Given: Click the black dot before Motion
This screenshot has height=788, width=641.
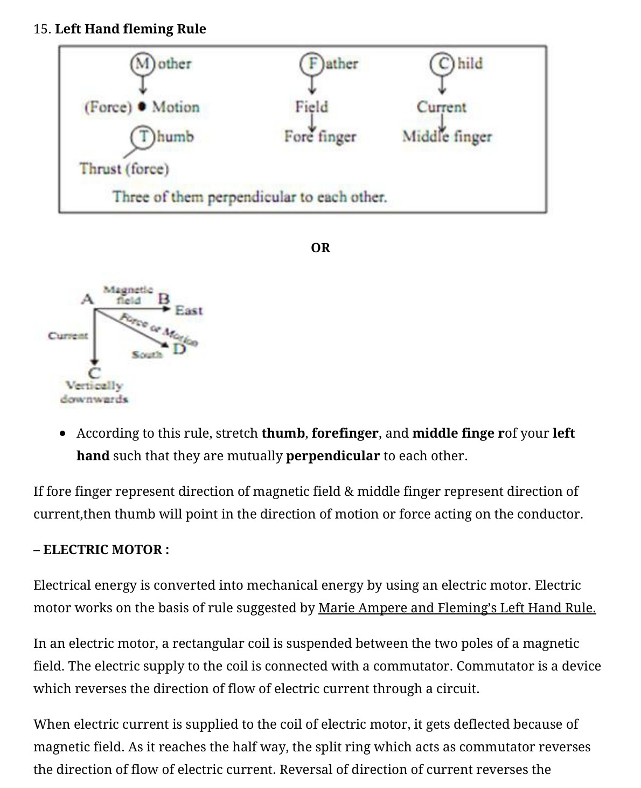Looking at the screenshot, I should (142, 107).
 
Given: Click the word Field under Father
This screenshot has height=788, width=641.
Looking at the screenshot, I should (311, 107).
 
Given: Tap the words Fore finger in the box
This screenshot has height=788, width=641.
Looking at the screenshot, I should (320, 137).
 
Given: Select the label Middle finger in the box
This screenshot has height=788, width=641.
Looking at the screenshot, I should (447, 137).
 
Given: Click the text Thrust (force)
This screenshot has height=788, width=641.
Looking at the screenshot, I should (124, 169).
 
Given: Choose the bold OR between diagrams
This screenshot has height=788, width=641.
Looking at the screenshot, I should (320, 248).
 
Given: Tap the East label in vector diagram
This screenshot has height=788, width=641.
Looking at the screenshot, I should (189, 310).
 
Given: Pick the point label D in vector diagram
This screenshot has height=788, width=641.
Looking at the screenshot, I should (179, 349).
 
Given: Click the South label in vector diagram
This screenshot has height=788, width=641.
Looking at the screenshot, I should (147, 355).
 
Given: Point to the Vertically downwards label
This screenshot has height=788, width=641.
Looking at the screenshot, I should (94, 392).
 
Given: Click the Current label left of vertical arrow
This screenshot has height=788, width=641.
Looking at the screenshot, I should (68, 335).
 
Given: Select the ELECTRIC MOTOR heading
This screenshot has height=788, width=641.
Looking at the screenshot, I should (106, 550).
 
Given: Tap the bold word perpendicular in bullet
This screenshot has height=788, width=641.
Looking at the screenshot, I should (332, 456).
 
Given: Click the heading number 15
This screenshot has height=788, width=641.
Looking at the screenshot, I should (41, 29).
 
